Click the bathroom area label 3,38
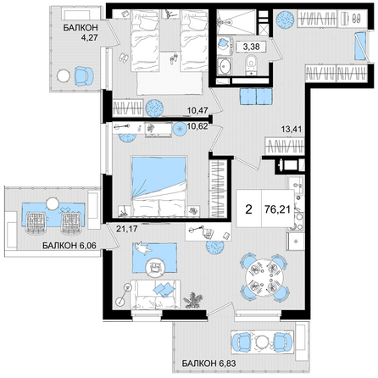click(251, 47)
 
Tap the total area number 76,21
click(278, 209)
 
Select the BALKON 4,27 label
click(81, 32)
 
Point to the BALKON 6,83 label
click(208, 363)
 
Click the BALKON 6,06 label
click(69, 246)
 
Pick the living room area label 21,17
click(127, 229)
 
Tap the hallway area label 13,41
click(292, 129)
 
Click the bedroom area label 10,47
click(197, 110)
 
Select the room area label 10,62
click(197, 126)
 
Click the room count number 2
click(248, 209)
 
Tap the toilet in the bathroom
click(251, 64)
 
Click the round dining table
click(264, 277)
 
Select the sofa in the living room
click(155, 294)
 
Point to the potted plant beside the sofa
click(192, 300)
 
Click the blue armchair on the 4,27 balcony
click(84, 75)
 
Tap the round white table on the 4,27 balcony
click(64, 75)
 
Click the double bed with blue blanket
click(159, 186)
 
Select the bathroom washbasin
click(225, 66)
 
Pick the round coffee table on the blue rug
click(155, 267)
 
